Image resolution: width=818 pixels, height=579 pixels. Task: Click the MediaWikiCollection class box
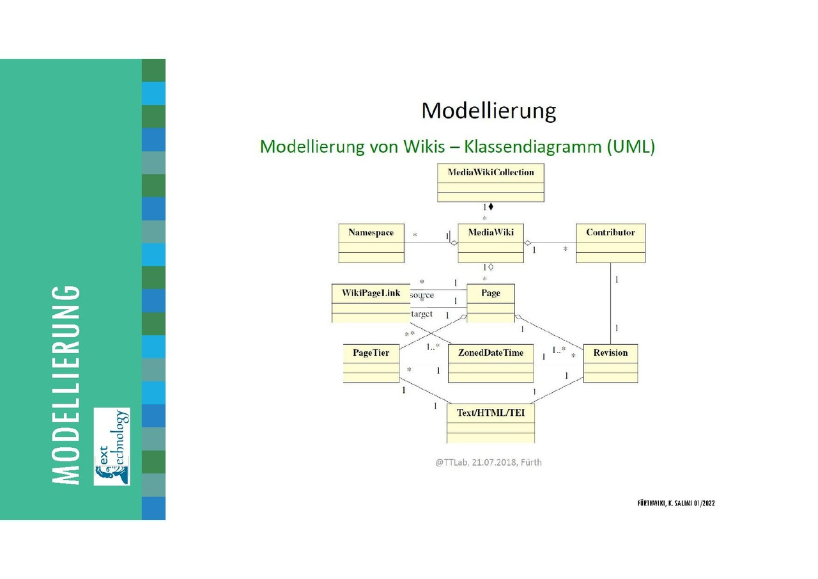(x=491, y=183)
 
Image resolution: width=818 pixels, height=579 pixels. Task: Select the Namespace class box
(x=371, y=243)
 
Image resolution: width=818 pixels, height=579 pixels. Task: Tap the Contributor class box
(x=610, y=243)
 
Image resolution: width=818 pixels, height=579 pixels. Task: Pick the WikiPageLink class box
(x=371, y=303)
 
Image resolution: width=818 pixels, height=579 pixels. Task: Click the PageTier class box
(x=371, y=364)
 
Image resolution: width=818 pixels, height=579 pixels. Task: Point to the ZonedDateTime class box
(x=491, y=364)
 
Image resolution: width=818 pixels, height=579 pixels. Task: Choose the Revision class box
(x=610, y=364)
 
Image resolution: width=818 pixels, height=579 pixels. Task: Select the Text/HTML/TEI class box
(x=491, y=424)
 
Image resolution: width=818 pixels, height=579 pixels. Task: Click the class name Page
(x=491, y=293)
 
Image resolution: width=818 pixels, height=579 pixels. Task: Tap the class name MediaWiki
(x=491, y=232)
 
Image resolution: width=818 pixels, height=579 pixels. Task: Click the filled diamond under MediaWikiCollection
(x=491, y=207)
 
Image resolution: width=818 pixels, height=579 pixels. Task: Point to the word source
(x=422, y=295)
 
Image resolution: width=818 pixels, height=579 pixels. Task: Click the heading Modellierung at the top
(x=489, y=111)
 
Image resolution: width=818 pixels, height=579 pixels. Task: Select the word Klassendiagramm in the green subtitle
(x=532, y=147)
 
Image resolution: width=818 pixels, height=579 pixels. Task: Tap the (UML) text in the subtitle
(x=631, y=147)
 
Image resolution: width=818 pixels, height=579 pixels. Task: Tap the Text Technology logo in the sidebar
(x=112, y=447)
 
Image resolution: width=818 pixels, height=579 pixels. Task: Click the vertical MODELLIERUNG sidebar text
(x=66, y=384)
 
